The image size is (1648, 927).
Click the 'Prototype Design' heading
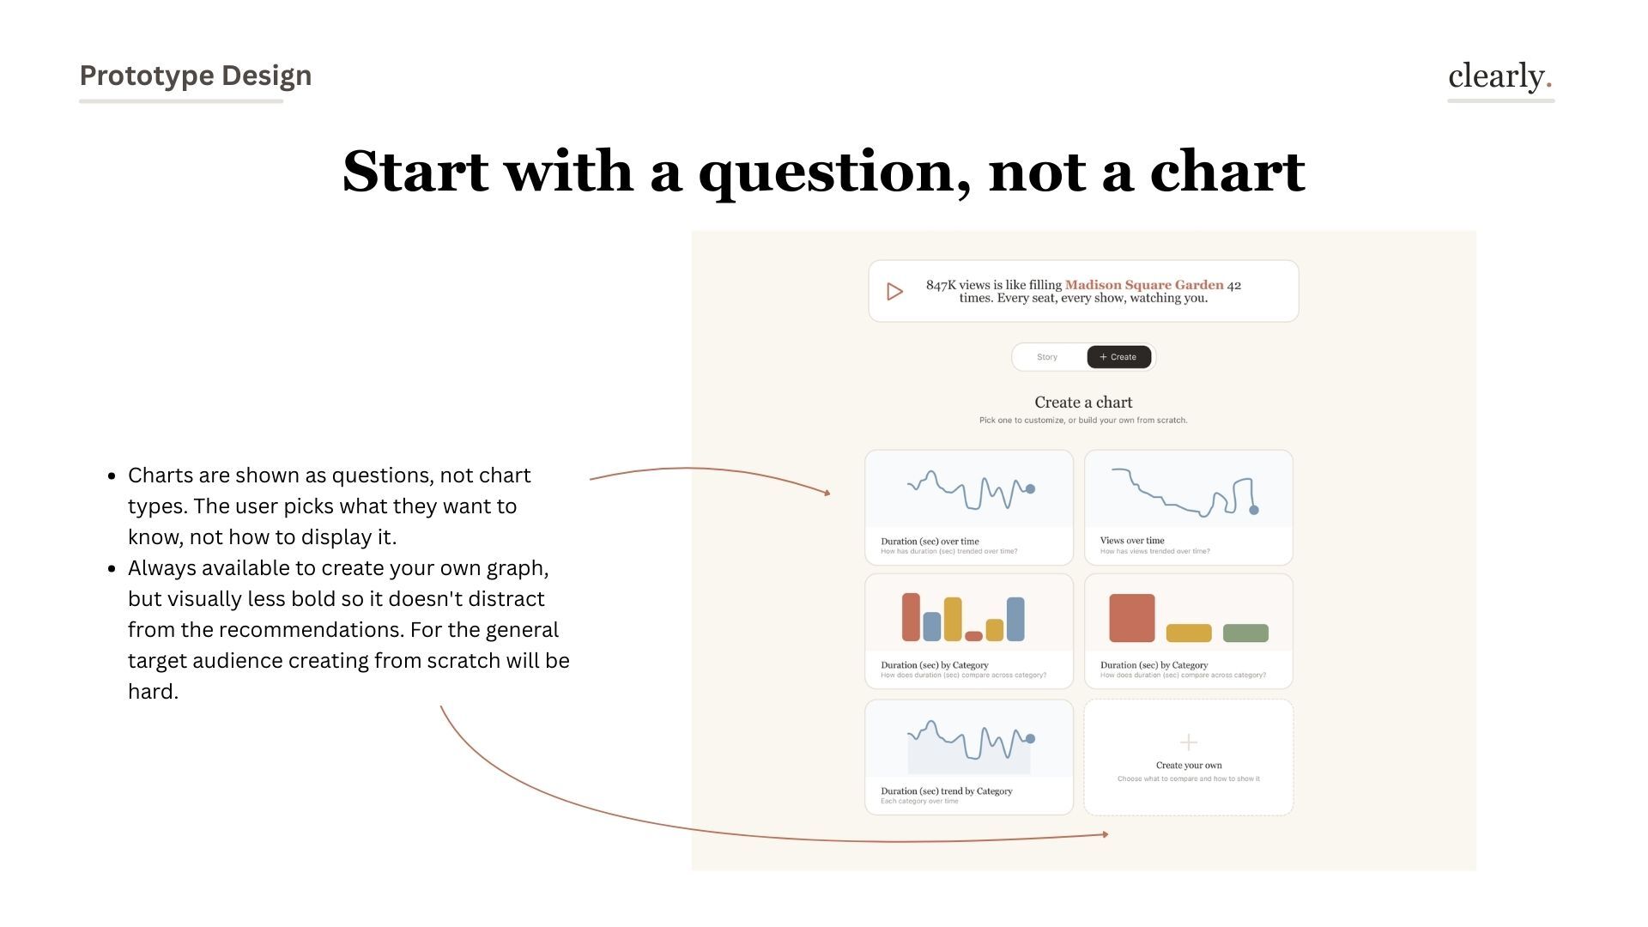click(x=195, y=76)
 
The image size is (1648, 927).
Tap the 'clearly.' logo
click(x=1500, y=76)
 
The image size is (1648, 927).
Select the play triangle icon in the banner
click(x=894, y=292)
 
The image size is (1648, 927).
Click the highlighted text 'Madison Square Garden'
click(x=1144, y=285)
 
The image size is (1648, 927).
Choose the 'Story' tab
click(x=1047, y=357)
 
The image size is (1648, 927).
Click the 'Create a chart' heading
click(x=1083, y=403)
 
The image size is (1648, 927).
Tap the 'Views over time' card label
click(x=1132, y=541)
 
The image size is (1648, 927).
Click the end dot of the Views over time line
click(x=1254, y=510)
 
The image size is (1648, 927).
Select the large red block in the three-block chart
click(x=1131, y=618)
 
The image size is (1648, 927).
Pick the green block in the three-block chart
click(x=1245, y=633)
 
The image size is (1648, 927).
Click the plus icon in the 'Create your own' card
click(x=1189, y=742)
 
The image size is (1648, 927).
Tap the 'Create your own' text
click(x=1189, y=766)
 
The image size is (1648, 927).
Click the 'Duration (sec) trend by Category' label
click(x=946, y=791)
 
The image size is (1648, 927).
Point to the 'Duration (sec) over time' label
click(x=930, y=542)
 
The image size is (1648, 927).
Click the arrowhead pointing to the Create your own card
click(x=1106, y=834)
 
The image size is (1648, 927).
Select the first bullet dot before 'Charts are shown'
click(x=112, y=476)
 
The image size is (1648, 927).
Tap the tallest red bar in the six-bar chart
click(x=911, y=616)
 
